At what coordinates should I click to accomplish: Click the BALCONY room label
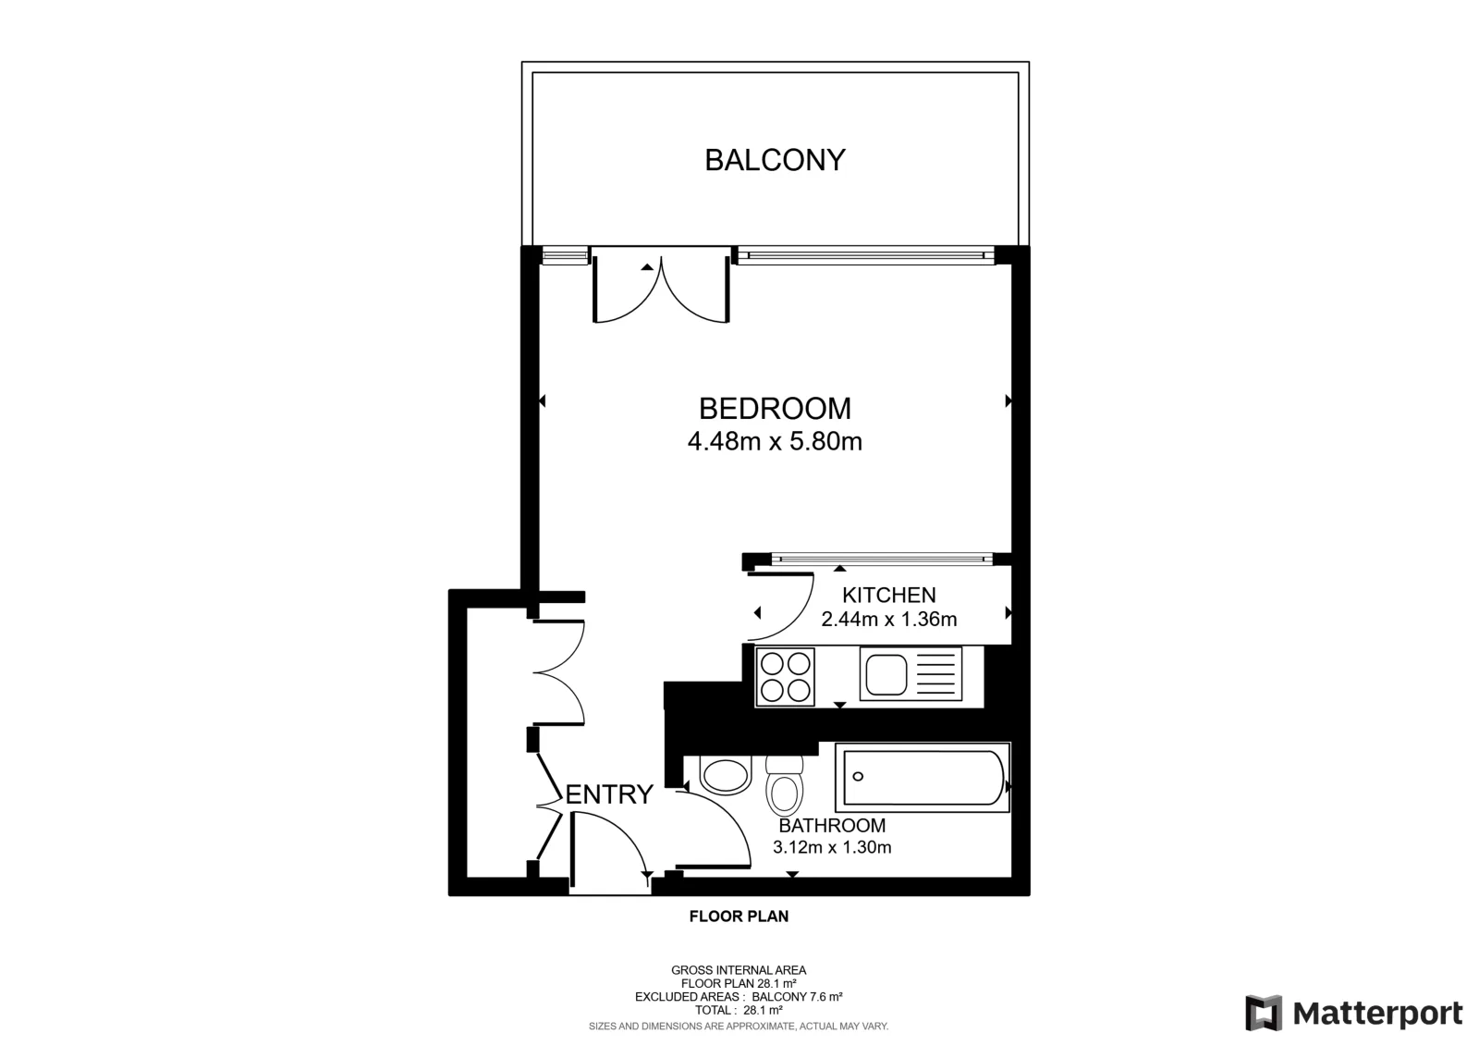776,160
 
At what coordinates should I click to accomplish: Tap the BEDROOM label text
776,409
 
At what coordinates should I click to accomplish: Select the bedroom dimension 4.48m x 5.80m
776,441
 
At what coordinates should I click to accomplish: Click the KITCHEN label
888,595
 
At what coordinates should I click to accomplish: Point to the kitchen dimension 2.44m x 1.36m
888,619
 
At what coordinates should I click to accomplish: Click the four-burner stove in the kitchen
785,677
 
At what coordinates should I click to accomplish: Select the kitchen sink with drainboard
911,674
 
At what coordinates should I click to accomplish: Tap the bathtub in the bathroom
923,778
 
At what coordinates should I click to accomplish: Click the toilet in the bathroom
785,787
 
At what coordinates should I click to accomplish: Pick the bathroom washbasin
726,776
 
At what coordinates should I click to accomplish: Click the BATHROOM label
832,825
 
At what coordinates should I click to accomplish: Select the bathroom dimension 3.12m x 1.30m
832,847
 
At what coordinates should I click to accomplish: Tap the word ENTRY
609,794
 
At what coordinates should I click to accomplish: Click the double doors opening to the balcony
661,286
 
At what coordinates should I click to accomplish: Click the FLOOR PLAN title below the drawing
739,917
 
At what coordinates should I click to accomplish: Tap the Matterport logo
1354,1013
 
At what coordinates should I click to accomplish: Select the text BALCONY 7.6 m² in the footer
797,996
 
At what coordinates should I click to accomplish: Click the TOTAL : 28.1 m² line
739,1010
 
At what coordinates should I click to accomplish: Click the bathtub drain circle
858,776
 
